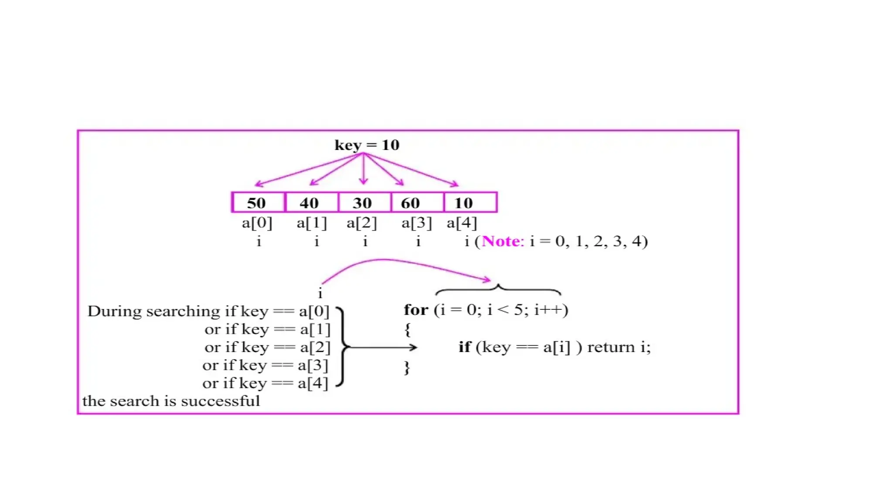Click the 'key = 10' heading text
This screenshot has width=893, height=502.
pyautogui.click(x=367, y=145)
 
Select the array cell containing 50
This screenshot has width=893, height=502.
pyautogui.click(x=258, y=203)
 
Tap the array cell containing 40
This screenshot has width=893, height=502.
pyautogui.click(x=311, y=203)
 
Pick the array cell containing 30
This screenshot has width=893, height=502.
pyautogui.click(x=364, y=203)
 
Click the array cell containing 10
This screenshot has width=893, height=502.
pyautogui.click(x=470, y=203)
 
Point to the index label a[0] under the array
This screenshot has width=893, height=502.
pyautogui.click(x=257, y=223)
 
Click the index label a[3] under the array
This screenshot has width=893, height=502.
pyautogui.click(x=416, y=223)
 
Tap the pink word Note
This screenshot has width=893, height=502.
pyautogui.click(x=501, y=241)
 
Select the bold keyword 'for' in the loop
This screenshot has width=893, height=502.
pyautogui.click(x=416, y=310)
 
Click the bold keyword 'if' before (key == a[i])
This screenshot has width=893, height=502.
pyautogui.click(x=464, y=347)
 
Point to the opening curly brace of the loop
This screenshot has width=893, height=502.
pyautogui.click(x=407, y=329)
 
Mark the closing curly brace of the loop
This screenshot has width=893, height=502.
pyautogui.click(x=407, y=367)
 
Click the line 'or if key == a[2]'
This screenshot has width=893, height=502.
pyautogui.click(x=267, y=347)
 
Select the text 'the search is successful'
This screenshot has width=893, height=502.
pyautogui.click(x=171, y=401)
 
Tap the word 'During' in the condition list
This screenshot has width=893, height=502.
pyautogui.click(x=115, y=311)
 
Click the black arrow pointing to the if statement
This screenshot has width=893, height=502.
pyautogui.click(x=384, y=347)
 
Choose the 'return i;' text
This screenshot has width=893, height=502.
pyautogui.click(x=619, y=347)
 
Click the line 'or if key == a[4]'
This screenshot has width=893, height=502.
pyautogui.click(x=265, y=383)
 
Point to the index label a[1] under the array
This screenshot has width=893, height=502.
pyautogui.click(x=311, y=223)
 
